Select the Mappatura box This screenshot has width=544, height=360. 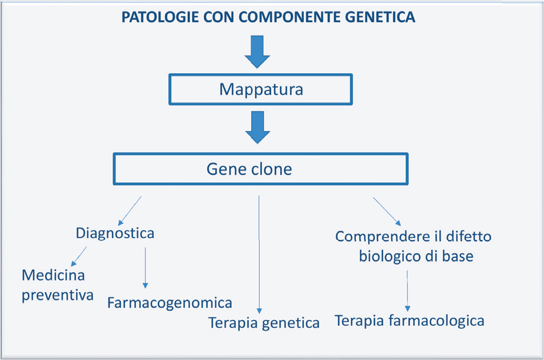(x=261, y=89)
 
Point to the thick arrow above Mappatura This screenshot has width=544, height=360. (x=257, y=52)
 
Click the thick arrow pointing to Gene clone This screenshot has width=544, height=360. (x=258, y=127)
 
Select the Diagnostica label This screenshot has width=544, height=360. (x=115, y=233)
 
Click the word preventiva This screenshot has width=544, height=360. (x=57, y=294)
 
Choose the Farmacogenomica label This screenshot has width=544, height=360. (x=170, y=303)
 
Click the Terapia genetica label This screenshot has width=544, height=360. (x=264, y=322)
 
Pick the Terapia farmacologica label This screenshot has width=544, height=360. (x=409, y=320)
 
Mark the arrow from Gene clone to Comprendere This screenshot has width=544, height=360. (x=387, y=210)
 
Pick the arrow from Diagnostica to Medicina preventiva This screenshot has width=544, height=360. (x=78, y=255)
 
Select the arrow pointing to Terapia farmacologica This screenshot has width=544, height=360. (x=407, y=290)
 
